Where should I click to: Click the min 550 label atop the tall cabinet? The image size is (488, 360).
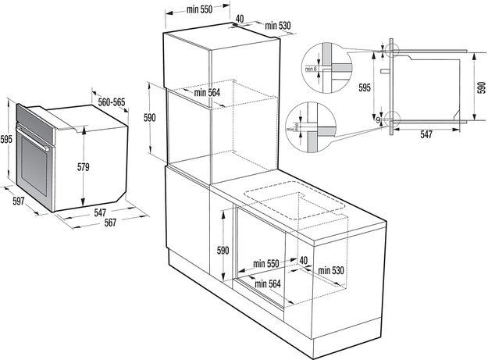pyautogui.click(x=200, y=9)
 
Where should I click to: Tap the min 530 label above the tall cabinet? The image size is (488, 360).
pyautogui.click(x=277, y=26)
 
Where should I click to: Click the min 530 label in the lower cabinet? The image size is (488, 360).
pyautogui.click(x=332, y=270)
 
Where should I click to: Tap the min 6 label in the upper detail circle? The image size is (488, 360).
pyautogui.click(x=312, y=70)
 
